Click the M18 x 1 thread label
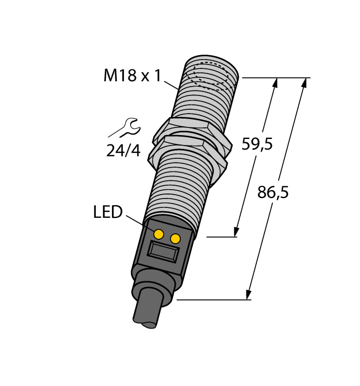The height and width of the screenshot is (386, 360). [132, 76]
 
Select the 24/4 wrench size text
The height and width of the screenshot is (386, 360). [123, 150]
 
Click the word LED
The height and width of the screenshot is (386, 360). [108, 212]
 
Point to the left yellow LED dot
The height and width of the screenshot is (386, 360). [158, 234]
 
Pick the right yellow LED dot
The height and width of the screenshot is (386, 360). [176, 238]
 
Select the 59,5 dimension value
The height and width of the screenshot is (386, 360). [257, 144]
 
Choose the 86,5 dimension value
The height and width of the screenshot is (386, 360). [273, 192]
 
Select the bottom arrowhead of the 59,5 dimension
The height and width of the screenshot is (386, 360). [238, 232]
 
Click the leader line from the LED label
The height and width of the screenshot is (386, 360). [136, 221]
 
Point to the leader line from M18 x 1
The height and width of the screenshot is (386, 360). [171, 83]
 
